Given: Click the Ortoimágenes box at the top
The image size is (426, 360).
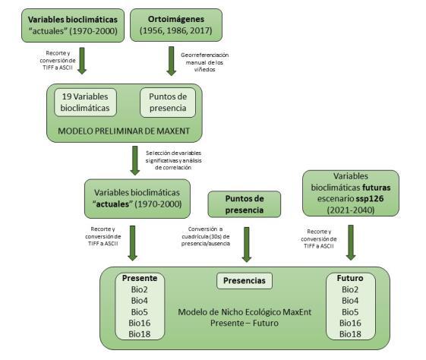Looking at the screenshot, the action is tap(176, 25).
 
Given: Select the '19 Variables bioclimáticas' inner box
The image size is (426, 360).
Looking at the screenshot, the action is tap(85, 103).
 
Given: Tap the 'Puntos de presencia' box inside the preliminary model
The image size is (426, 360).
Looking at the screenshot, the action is tap(168, 103).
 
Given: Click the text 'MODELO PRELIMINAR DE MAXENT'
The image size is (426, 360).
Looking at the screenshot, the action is tap(124, 131).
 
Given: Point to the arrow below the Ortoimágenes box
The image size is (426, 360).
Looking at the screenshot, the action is tap(171, 61).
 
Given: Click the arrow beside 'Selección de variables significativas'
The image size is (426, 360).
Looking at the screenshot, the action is tap(134, 160).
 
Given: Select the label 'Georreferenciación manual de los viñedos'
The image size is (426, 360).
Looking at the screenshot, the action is tap(204, 62).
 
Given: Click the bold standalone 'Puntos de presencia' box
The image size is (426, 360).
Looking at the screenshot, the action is tap(245, 204).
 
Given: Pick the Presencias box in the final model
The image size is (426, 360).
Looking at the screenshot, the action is tap(245, 281).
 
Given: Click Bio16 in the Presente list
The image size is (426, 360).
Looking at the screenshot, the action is tap(140, 323).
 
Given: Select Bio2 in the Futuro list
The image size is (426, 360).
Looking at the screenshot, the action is tap(350, 289).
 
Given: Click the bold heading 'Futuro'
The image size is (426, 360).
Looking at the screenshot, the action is tap(350, 278).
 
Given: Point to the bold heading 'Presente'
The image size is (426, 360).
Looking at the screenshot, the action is tap(140, 278).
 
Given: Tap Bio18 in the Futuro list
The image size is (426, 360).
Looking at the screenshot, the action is tap(350, 334).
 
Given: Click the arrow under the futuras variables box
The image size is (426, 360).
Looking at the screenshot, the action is tap(351, 242).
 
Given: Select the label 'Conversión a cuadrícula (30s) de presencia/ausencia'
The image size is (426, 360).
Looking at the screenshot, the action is tap(206, 236).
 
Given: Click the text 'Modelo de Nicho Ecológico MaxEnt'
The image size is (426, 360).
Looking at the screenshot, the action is tap(245, 312).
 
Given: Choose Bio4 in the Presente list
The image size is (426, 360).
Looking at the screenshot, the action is tap(140, 301).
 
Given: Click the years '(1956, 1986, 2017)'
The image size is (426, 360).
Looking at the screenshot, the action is tap(176, 30).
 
